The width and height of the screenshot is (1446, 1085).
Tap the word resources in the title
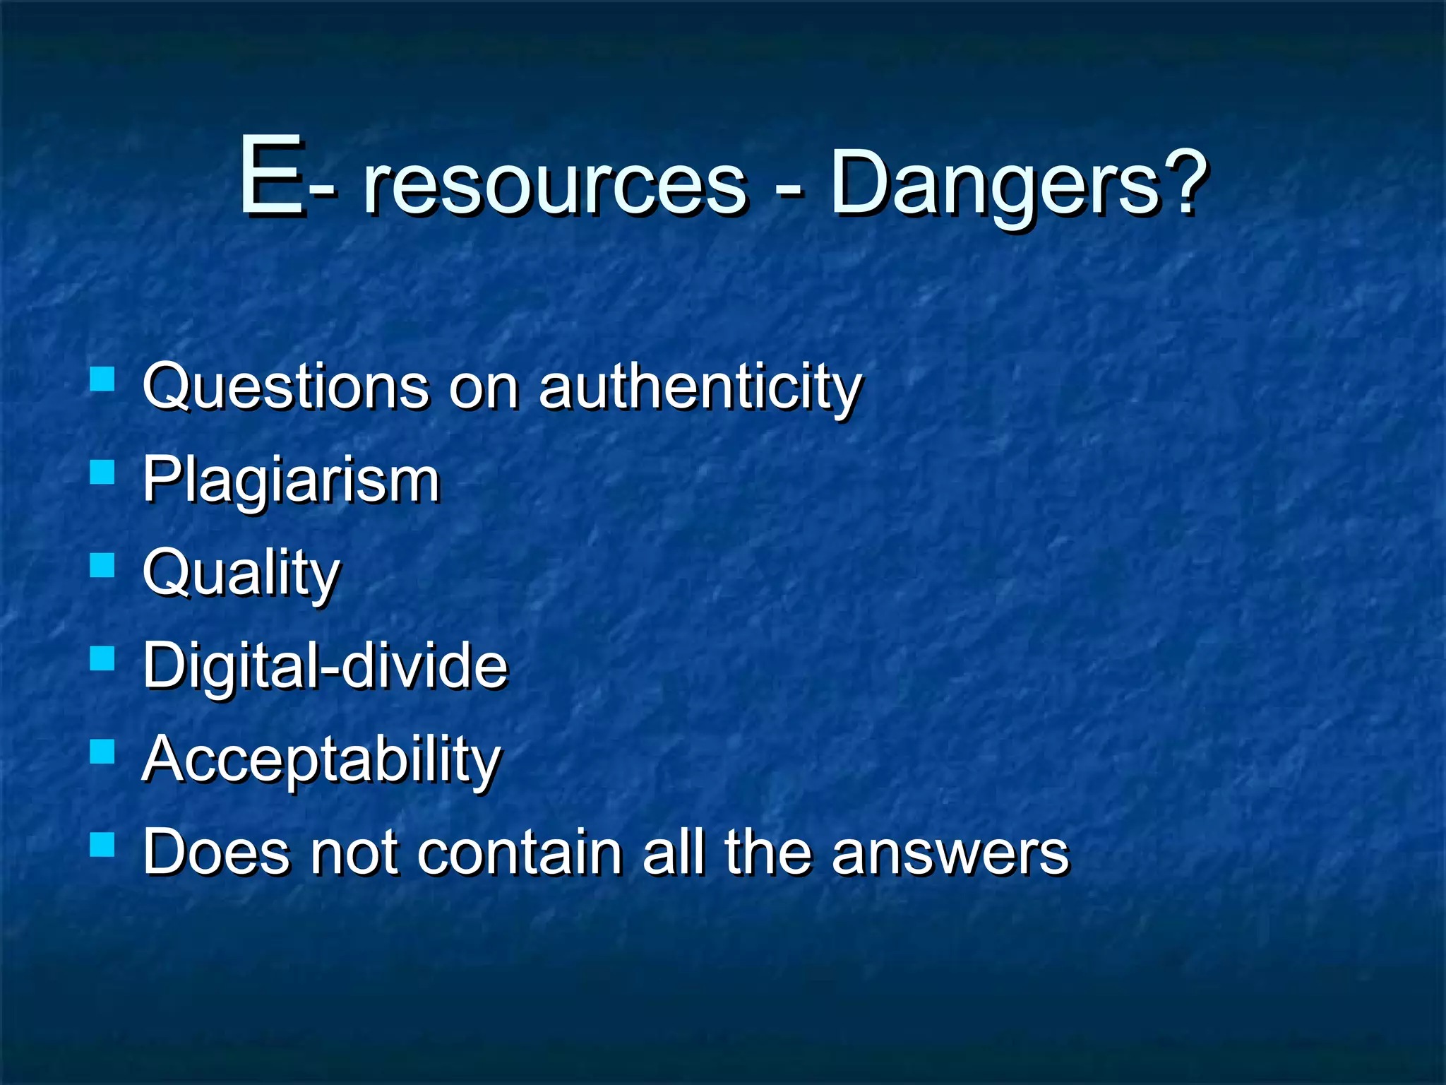pyautogui.click(x=555, y=185)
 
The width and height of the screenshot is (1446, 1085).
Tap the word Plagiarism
pyautogui.click(x=291, y=480)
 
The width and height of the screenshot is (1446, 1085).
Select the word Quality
pyautogui.click(x=241, y=574)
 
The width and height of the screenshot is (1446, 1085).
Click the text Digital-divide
pyautogui.click(x=325, y=665)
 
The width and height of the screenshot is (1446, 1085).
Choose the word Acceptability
pyautogui.click(x=321, y=760)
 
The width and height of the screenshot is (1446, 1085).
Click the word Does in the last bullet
pyautogui.click(x=216, y=852)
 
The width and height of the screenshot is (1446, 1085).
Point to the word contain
pyautogui.click(x=520, y=852)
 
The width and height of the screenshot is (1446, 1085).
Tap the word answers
pyautogui.click(x=950, y=853)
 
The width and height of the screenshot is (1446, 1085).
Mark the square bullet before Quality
pyautogui.click(x=102, y=565)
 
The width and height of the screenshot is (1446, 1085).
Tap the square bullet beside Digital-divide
pyautogui.click(x=102, y=658)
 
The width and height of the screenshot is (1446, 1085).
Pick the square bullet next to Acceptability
pyautogui.click(x=102, y=752)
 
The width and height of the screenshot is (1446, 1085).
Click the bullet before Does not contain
pyautogui.click(x=102, y=845)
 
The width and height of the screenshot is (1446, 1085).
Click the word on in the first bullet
pyautogui.click(x=484, y=388)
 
